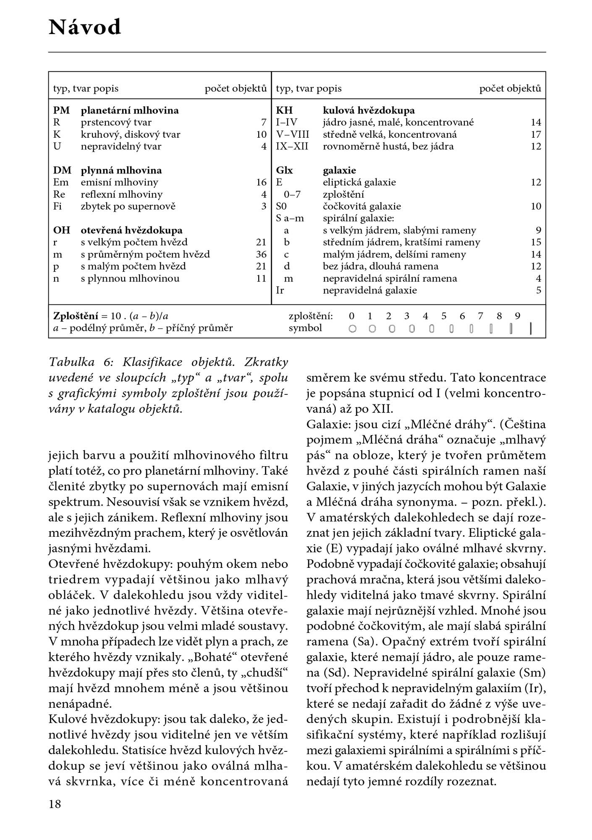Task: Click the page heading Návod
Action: [85, 28]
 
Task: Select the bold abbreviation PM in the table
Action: [61, 110]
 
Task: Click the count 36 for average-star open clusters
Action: [261, 255]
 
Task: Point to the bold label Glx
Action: [284, 171]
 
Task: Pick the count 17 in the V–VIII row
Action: [536, 134]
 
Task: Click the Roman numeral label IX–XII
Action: [292, 147]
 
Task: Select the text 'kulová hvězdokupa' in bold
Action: [369, 110]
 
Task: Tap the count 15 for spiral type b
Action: [536, 242]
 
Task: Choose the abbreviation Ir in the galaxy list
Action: [280, 290]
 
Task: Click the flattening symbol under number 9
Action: [531, 328]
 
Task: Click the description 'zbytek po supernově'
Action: [128, 206]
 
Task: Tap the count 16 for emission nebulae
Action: [261, 182]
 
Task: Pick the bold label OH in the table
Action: [61, 231]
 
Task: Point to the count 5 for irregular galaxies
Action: [539, 290]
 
